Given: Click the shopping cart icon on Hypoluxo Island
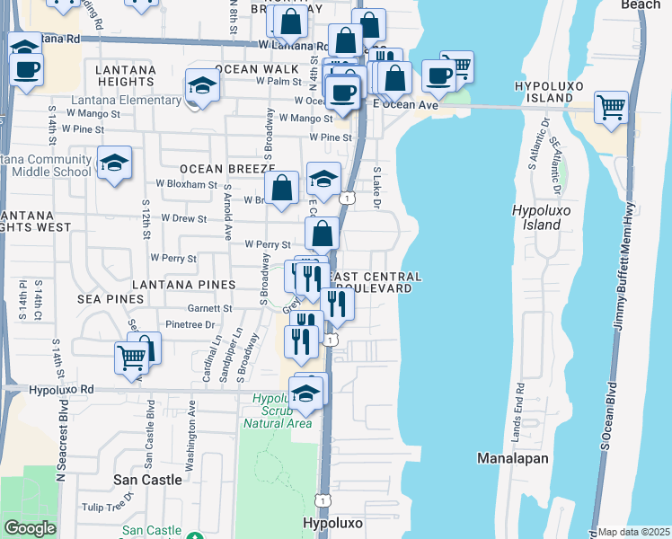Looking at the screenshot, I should [611, 107].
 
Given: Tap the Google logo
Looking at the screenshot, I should [30, 528].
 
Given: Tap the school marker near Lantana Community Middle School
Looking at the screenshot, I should [114, 163].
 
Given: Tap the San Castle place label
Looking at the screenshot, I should [148, 480].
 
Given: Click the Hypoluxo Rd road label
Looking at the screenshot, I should [62, 390].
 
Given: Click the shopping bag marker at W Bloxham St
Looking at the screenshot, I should [282, 189].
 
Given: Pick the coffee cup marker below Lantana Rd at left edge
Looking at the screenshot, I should [26, 68].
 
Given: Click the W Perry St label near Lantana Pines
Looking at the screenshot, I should [173, 258].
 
